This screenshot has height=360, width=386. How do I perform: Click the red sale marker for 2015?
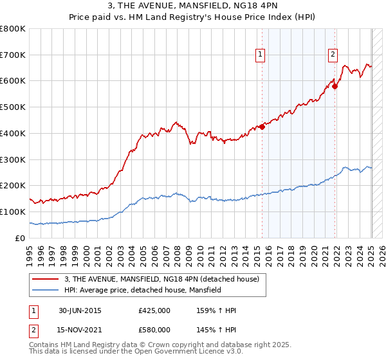[262, 127]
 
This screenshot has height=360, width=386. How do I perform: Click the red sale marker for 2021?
[335, 85]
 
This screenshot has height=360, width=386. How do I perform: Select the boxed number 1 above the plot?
[260, 55]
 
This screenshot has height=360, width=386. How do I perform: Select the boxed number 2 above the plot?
[333, 55]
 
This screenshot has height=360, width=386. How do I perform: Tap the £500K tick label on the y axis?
[13, 107]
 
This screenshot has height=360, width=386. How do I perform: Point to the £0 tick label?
[21, 238]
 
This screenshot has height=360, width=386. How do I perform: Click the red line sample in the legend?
[46, 279]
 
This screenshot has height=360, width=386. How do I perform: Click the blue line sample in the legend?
[46, 290]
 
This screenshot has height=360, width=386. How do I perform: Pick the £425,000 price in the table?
[154, 311]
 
